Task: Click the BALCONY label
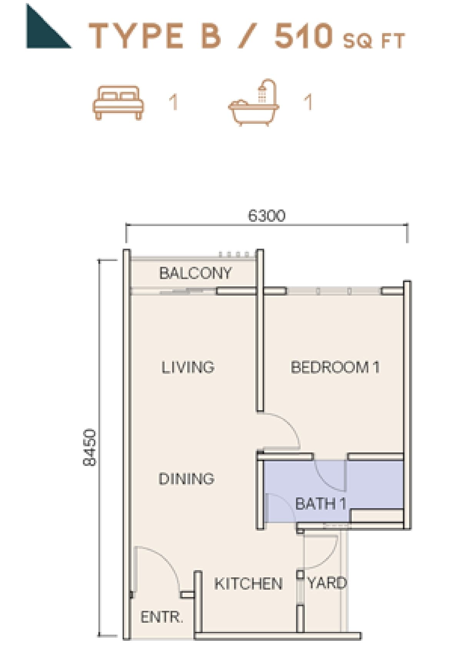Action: [x=195, y=273]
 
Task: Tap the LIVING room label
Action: [x=188, y=367]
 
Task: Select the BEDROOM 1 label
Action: [x=335, y=367]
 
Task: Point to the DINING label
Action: [x=186, y=479]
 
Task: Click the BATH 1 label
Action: [x=321, y=504]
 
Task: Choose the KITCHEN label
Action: [x=248, y=584]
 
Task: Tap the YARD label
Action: [x=327, y=583]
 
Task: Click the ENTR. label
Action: [x=162, y=617]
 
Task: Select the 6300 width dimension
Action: [x=266, y=216]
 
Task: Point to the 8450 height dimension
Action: [x=90, y=447]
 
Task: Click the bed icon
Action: [x=118, y=103]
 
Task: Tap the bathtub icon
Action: [x=254, y=103]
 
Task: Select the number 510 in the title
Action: [x=303, y=36]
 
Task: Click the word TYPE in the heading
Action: [x=136, y=36]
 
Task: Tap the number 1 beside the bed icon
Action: [x=173, y=103]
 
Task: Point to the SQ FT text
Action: [x=374, y=41]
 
